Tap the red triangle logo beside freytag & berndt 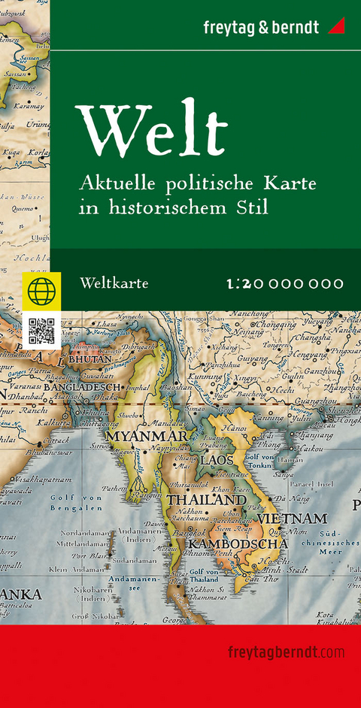(335, 27)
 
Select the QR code (41, 331)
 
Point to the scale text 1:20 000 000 (284, 283)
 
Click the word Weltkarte (113, 283)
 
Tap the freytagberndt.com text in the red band (285, 651)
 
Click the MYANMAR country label (145, 436)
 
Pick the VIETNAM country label (293, 519)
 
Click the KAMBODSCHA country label (238, 543)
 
